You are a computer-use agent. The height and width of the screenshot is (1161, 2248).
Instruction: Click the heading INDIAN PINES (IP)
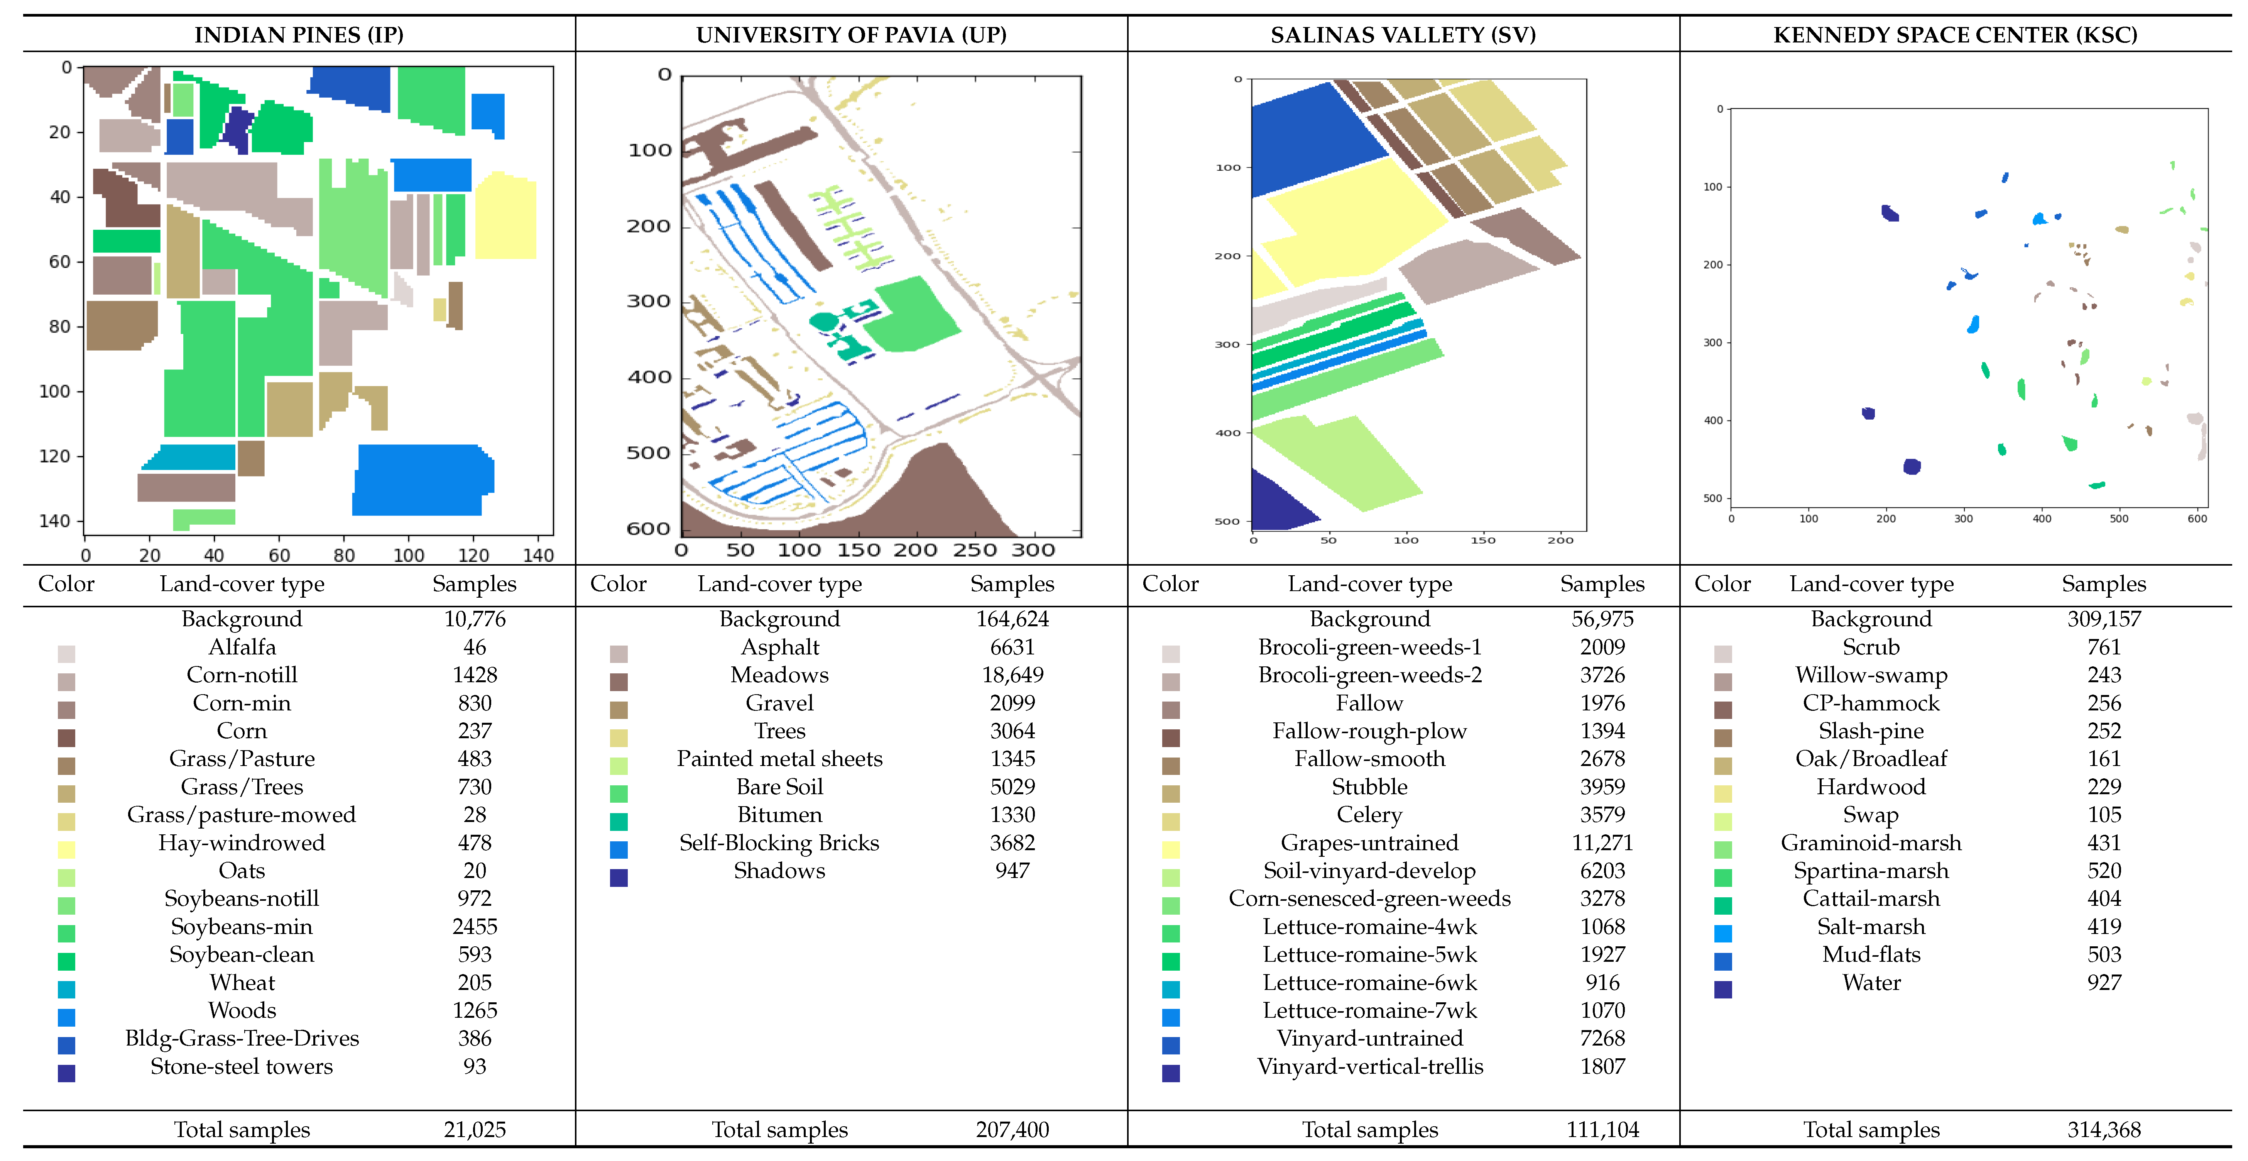click(298, 35)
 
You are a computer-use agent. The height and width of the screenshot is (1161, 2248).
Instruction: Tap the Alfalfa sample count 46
click(475, 647)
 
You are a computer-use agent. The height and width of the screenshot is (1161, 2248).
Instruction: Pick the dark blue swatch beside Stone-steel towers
click(66, 1073)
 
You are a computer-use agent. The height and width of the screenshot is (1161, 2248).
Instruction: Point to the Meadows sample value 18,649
click(1012, 675)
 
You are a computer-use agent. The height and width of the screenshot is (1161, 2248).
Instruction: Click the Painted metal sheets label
click(779, 759)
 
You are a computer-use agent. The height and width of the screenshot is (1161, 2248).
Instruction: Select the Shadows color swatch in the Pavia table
click(619, 877)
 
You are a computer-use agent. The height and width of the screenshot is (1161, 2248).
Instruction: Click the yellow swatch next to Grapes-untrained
click(1171, 849)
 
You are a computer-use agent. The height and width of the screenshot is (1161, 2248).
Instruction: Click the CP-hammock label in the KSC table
click(1871, 703)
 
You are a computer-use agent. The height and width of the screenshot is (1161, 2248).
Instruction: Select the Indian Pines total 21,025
click(475, 1130)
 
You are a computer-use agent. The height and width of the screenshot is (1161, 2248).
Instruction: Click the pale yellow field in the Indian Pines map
click(506, 218)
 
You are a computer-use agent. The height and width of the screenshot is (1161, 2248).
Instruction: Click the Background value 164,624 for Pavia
click(1012, 619)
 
